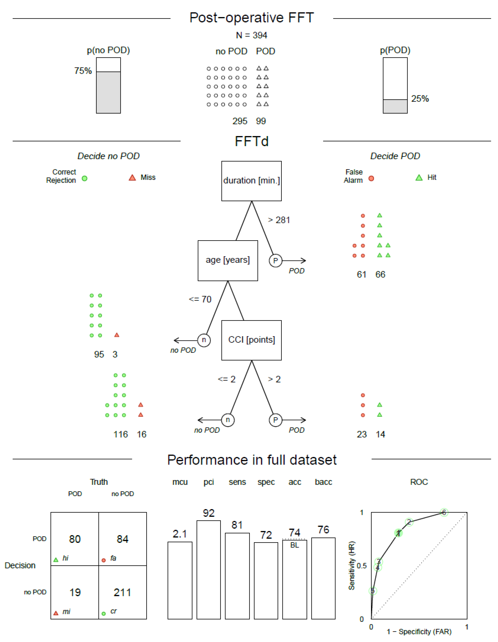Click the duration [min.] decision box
click(251, 181)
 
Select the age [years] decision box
click(228, 261)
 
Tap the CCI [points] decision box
click(251, 340)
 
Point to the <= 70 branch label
click(200, 299)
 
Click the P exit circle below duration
click(275, 261)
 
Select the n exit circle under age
click(204, 340)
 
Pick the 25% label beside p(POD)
click(420, 99)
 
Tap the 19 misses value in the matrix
click(75, 592)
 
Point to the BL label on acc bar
click(295, 545)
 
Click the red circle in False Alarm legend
click(371, 178)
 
